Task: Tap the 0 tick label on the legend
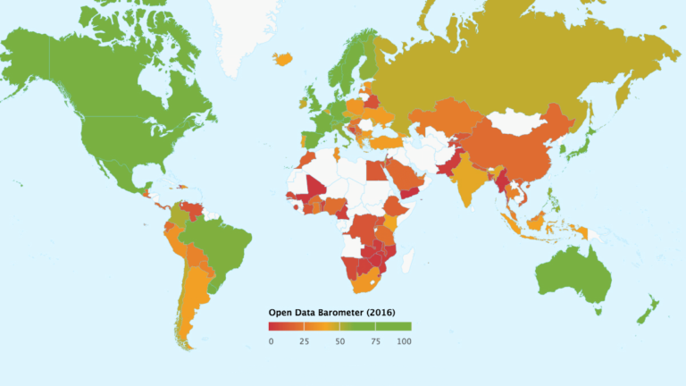pyautogui.click(x=271, y=341)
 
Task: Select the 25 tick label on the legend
pyautogui.click(x=304, y=341)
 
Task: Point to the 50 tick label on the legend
pyautogui.click(x=339, y=341)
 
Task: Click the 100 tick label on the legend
pyautogui.click(x=405, y=341)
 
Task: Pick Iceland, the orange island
pyautogui.click(x=285, y=60)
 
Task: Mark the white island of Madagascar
pyautogui.click(x=406, y=260)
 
